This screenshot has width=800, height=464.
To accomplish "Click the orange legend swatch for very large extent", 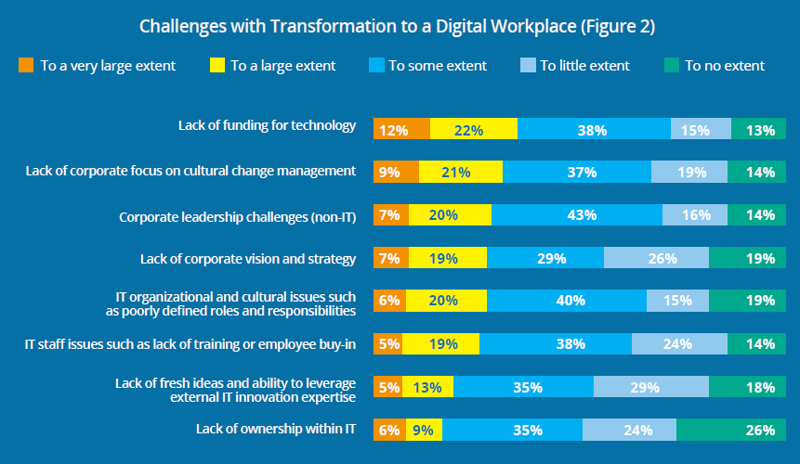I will pos(26,65).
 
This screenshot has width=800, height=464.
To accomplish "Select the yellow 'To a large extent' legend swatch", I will pos(216,65).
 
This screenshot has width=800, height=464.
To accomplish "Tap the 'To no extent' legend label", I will pos(725,65).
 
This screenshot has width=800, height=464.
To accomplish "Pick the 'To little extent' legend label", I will pos(584,65).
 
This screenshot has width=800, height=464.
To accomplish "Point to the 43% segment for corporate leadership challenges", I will pos(577,215).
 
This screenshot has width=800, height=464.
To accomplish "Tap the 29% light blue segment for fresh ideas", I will pos(650,387).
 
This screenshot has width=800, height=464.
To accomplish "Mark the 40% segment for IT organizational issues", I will pos(566,301).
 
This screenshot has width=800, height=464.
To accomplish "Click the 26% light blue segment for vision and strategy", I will pos(656,258).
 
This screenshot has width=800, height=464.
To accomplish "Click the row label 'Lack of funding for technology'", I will pos(267,125).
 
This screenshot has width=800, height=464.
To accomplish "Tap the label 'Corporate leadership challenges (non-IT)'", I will pos(238,216).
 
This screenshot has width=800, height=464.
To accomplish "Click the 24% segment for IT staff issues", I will pos(677,343).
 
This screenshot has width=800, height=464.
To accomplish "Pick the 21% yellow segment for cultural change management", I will pos(461,173).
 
